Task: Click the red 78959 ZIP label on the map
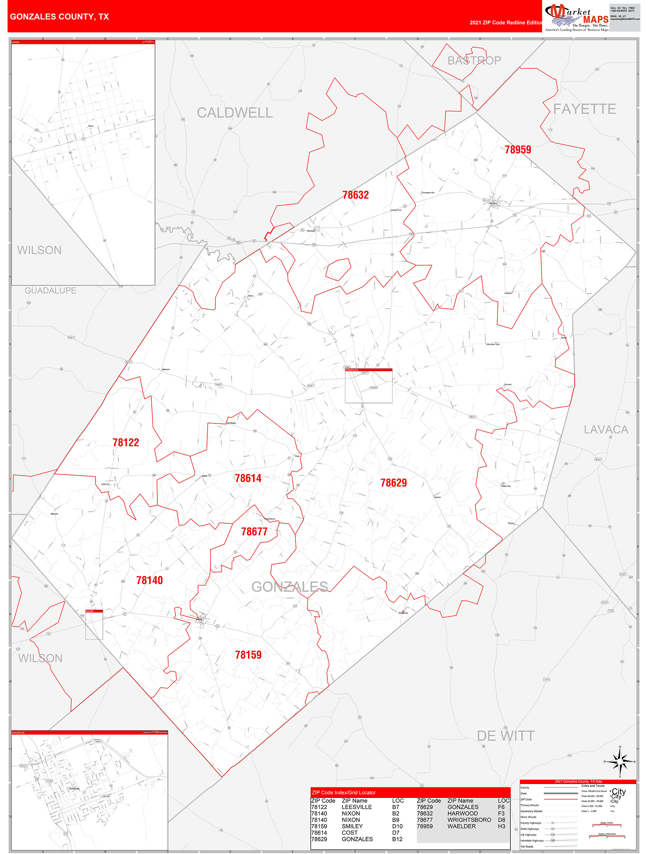pos(518,149)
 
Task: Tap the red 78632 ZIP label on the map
pos(355,195)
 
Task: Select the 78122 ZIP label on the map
pos(125,442)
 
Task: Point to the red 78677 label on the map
pos(254,532)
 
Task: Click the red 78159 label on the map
pos(248,655)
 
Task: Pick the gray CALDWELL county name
pos(235,113)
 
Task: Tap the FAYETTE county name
pos(584,109)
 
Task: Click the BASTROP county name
pos(474,61)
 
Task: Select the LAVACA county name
pos(606,429)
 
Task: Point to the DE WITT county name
pos(505,736)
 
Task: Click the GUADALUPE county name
pos(51,291)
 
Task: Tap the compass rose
pos(620,762)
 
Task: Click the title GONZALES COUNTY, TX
pos(59,17)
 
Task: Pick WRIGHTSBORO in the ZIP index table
pos(469,820)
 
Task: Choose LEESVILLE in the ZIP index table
pos(357,807)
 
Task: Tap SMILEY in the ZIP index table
pos(352,826)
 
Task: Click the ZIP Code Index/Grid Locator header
pos(344,793)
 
